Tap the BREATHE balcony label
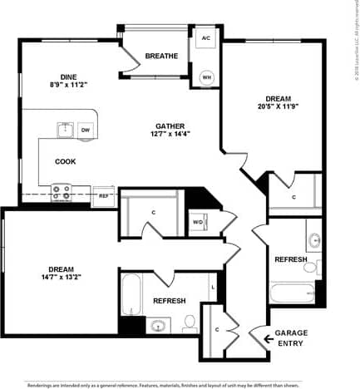(x=161, y=57)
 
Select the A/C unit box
(x=205, y=38)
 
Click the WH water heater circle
(x=205, y=77)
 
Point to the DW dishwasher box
(x=86, y=130)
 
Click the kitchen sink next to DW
(x=65, y=130)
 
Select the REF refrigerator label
(x=105, y=197)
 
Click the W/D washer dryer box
(x=198, y=222)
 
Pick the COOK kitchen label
(x=67, y=161)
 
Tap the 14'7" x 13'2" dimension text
(x=60, y=278)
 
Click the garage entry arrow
(x=269, y=338)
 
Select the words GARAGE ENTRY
(x=291, y=337)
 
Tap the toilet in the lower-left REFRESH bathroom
(x=189, y=323)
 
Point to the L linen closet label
(x=214, y=287)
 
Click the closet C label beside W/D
(x=153, y=213)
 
